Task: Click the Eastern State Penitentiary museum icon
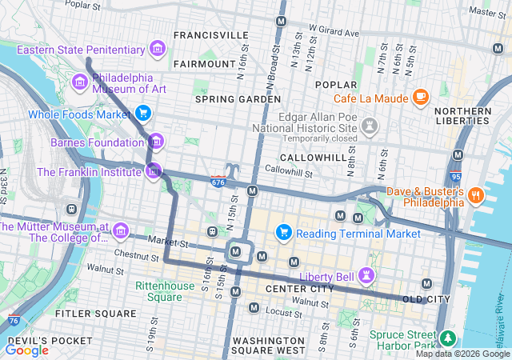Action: point(158,50)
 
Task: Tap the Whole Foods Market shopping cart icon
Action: point(143,113)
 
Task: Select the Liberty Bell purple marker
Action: point(367,275)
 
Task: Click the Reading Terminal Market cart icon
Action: point(283,233)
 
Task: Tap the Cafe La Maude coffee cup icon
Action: point(420,98)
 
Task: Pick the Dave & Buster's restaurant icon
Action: point(476,195)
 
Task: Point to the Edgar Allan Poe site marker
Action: point(369,126)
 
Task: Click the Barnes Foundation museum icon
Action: point(156,142)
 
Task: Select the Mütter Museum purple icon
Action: point(120,231)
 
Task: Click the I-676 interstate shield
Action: point(218,182)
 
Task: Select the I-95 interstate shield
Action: point(456,176)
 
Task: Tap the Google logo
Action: point(26,350)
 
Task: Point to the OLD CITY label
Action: point(426,299)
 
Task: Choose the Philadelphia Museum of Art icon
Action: point(79,82)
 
